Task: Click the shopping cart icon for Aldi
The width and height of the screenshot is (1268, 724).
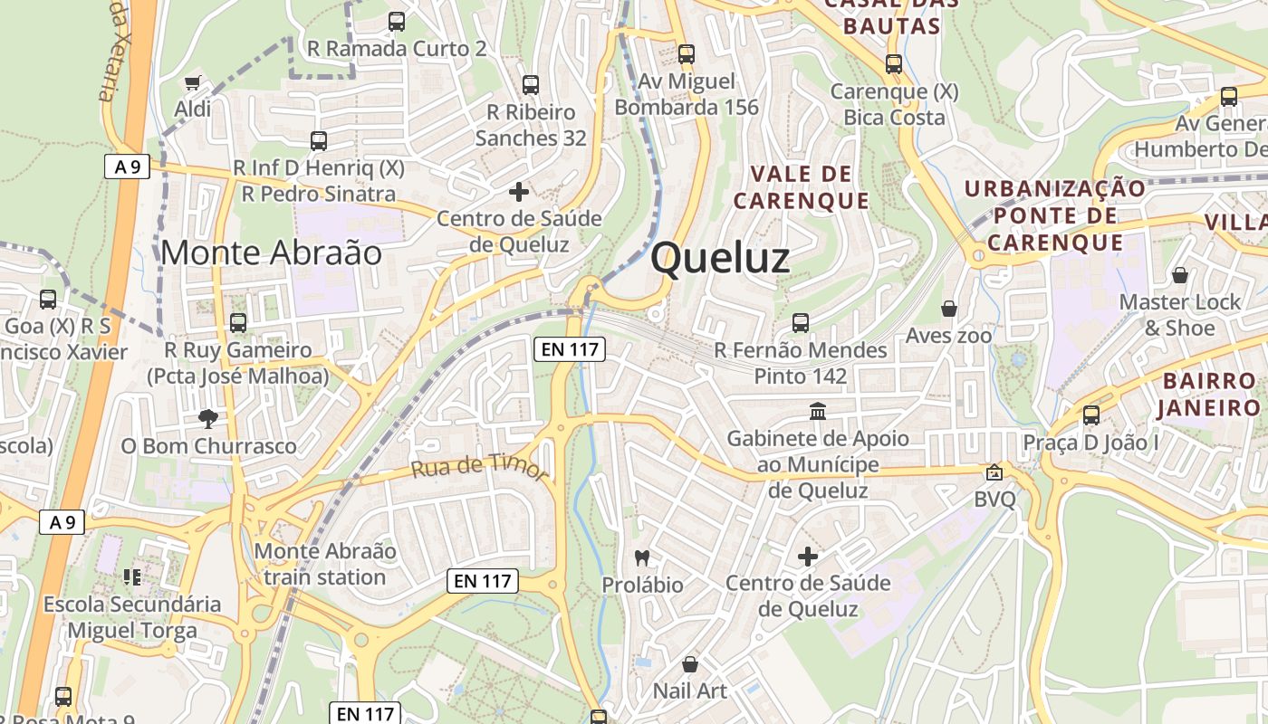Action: click(x=192, y=83)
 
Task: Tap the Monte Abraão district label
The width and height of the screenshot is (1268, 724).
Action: click(x=271, y=252)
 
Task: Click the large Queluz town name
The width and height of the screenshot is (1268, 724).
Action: click(x=720, y=259)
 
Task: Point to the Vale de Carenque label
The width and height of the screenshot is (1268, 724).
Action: click(x=801, y=187)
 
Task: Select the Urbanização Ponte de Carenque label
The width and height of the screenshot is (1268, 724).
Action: click(x=1055, y=215)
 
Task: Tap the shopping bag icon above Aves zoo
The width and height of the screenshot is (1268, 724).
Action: click(x=948, y=310)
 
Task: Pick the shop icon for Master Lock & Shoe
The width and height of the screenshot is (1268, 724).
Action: click(x=1179, y=275)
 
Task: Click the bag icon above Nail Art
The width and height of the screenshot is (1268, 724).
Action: click(x=690, y=665)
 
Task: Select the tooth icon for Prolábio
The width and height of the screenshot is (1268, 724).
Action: click(x=643, y=558)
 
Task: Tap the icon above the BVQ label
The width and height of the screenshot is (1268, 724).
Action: click(x=994, y=472)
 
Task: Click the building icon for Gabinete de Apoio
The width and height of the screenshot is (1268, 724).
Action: click(x=818, y=412)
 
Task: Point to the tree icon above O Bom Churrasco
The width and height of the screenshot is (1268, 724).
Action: click(x=208, y=418)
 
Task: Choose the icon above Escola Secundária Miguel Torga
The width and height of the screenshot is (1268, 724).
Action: click(x=132, y=576)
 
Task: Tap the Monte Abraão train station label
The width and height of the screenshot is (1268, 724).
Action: click(x=325, y=564)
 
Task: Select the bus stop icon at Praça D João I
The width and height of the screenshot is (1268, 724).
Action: click(x=1091, y=415)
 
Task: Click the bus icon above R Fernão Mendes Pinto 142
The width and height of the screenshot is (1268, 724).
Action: click(x=801, y=322)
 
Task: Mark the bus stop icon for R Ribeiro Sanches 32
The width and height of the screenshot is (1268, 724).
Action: click(x=531, y=85)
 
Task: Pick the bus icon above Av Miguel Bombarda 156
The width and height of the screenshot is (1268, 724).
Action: click(x=687, y=54)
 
